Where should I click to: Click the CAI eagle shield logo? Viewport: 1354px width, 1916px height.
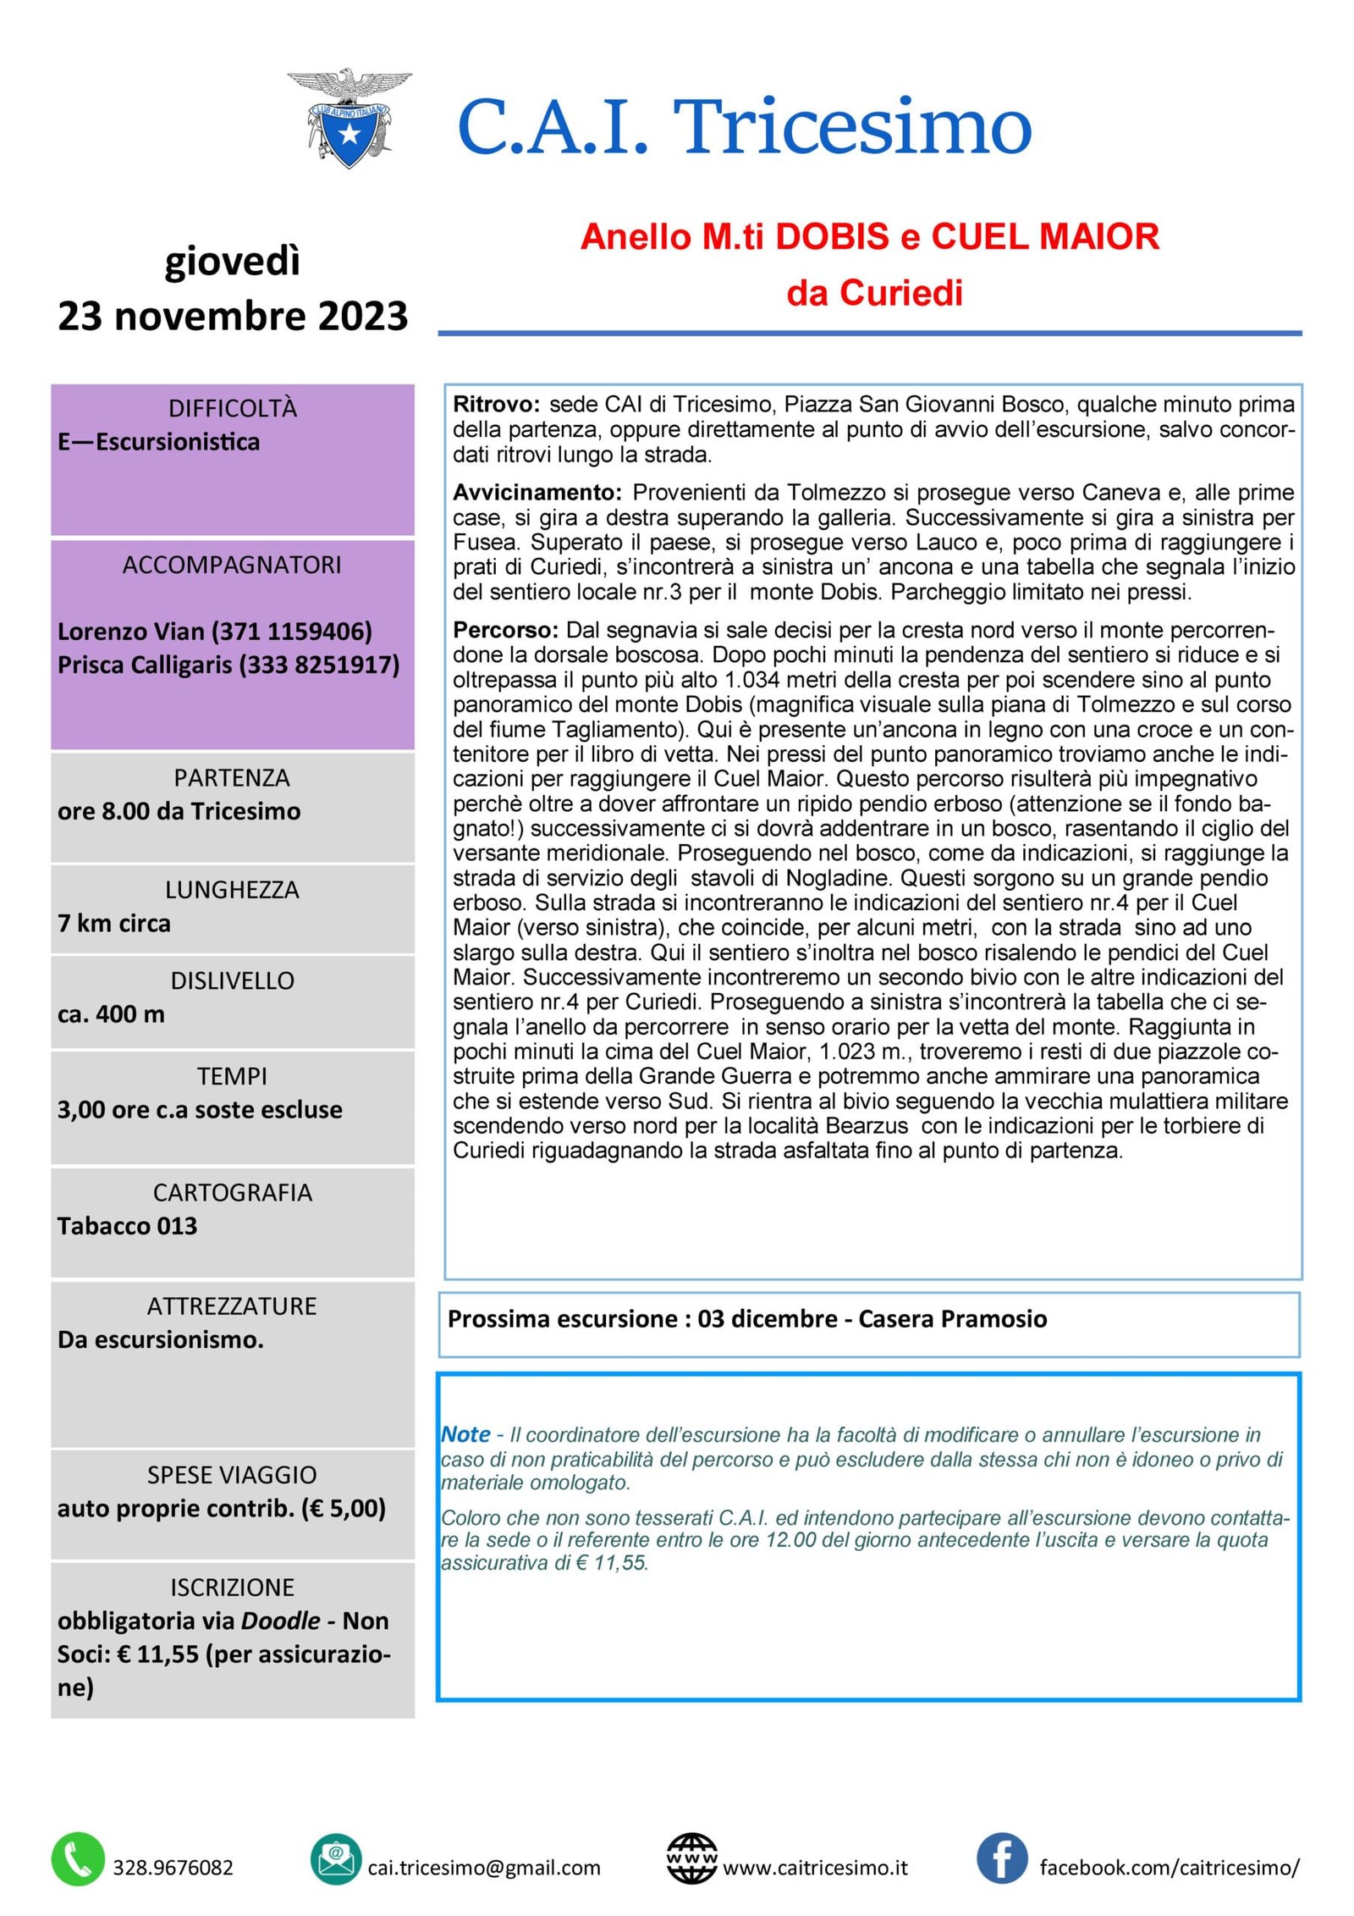(x=349, y=119)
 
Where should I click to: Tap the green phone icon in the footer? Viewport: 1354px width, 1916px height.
(x=78, y=1859)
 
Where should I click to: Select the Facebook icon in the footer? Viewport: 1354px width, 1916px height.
(x=1002, y=1858)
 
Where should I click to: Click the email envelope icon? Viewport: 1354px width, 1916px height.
(x=336, y=1859)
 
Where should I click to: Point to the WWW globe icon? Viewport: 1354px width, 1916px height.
(x=691, y=1859)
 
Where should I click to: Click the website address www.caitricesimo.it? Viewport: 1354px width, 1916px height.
(x=815, y=1867)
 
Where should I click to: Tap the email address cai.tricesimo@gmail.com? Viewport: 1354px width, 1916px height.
(x=484, y=1867)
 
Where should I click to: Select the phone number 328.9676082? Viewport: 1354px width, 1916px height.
(x=173, y=1867)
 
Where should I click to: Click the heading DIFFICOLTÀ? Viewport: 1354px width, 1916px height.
(x=233, y=409)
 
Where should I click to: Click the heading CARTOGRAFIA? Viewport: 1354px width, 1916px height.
(x=233, y=1193)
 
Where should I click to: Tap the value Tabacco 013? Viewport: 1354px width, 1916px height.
(x=127, y=1226)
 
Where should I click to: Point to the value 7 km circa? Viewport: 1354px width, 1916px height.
(x=114, y=923)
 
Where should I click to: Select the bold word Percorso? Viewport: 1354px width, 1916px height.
(x=505, y=630)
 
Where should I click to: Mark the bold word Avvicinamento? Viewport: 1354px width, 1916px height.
(x=537, y=493)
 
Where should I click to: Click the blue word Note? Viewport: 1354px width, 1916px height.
(x=466, y=1434)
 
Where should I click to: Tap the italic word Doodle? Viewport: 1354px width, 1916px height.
(x=281, y=1621)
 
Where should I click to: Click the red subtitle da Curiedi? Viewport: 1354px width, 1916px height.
(x=874, y=293)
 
